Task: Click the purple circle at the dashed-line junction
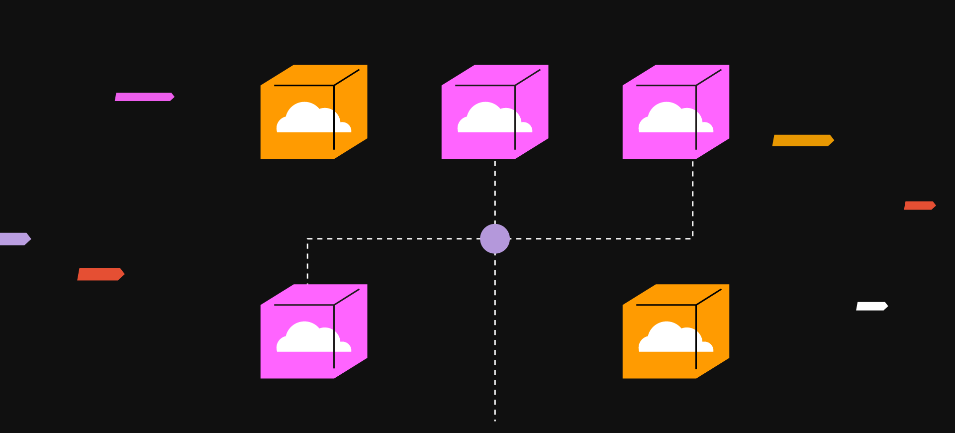(495, 239)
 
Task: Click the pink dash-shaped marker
(144, 97)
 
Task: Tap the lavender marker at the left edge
(14, 239)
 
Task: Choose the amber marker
(802, 140)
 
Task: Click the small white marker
(871, 306)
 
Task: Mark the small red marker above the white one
(919, 206)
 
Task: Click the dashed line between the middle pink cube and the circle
(495, 192)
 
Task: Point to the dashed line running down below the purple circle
(495, 338)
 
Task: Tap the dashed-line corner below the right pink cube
(692, 238)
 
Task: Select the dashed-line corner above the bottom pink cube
(307, 239)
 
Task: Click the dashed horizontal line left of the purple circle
(393, 239)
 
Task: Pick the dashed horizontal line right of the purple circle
(597, 239)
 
